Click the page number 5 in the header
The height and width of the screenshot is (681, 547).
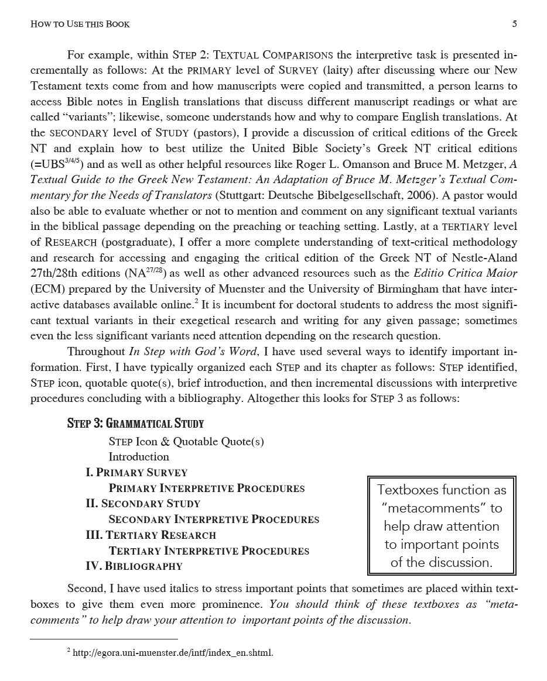click(x=514, y=24)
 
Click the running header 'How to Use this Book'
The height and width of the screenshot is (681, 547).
click(x=80, y=24)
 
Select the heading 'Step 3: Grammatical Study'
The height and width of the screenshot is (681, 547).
click(x=135, y=424)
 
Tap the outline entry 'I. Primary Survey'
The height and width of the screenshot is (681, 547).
click(x=136, y=473)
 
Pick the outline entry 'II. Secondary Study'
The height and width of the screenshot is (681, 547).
click(x=143, y=504)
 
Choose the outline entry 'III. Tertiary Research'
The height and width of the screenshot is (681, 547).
click(x=151, y=535)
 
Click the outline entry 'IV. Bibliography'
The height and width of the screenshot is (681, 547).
click(x=134, y=566)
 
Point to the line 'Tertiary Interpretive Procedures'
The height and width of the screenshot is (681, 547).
click(x=208, y=551)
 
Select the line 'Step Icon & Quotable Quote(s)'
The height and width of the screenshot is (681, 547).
click(x=186, y=442)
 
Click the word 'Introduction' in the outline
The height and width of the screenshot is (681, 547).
click(x=139, y=457)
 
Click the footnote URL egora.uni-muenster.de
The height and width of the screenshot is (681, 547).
click(x=173, y=653)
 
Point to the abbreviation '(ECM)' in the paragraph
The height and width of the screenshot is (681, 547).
click(x=47, y=288)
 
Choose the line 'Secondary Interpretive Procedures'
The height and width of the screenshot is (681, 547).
click(x=214, y=520)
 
